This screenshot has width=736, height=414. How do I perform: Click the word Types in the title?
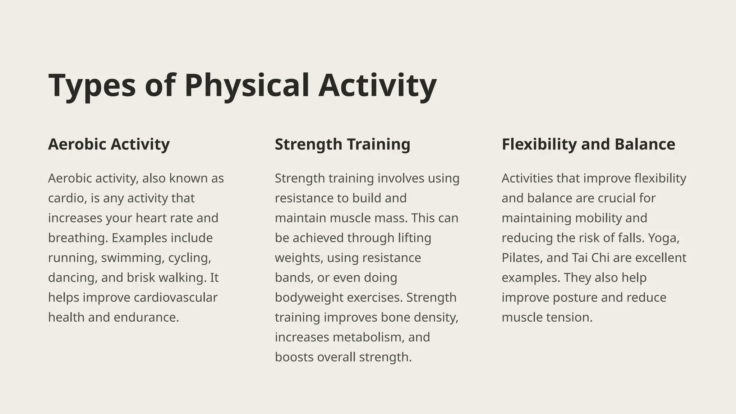92,86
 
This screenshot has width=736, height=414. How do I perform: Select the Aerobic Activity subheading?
109,144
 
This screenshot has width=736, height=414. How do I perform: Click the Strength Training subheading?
342,144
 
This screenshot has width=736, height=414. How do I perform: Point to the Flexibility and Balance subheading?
588,144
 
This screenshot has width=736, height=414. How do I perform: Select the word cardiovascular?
175,298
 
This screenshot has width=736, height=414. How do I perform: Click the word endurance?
146,317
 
